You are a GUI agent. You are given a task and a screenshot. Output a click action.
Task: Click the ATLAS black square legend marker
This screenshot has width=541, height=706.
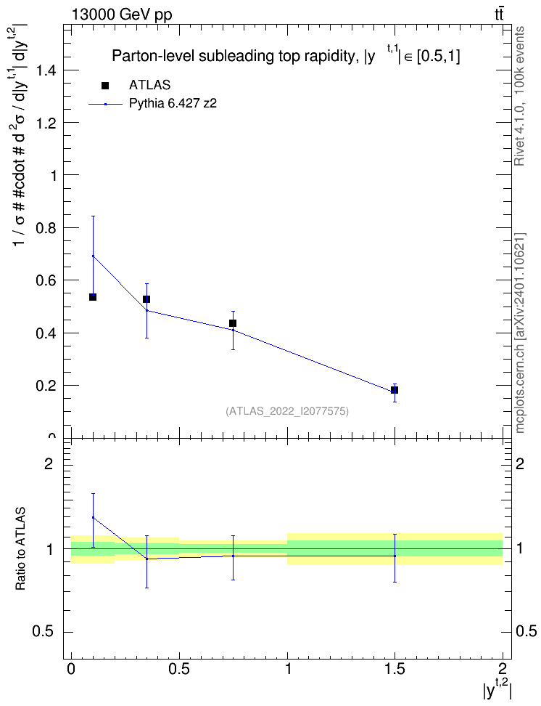point(105,86)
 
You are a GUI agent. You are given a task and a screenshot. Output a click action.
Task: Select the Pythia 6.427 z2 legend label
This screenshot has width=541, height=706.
point(173,104)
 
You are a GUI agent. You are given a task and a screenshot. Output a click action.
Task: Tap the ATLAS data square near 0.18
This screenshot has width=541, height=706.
point(395,390)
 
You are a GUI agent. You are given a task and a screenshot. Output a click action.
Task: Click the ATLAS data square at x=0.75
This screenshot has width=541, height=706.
point(233,323)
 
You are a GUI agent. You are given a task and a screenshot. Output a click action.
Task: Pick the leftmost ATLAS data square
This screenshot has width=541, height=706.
point(93,297)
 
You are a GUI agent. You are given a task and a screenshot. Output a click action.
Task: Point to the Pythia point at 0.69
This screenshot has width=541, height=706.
point(93,256)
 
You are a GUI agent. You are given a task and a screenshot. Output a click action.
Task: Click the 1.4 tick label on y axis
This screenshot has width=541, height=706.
point(46,70)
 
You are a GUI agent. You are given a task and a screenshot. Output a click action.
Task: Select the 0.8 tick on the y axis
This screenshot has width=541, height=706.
point(67,227)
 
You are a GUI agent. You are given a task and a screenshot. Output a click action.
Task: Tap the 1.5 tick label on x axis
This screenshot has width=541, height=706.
point(395,669)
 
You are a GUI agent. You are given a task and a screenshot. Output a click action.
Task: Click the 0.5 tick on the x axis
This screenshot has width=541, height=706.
point(179,657)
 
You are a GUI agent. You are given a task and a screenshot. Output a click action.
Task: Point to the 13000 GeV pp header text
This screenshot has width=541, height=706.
point(121,15)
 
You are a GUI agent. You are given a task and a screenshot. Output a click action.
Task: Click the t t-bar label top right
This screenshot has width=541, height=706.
point(499,15)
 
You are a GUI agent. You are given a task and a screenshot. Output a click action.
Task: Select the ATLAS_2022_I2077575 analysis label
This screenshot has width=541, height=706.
point(287,411)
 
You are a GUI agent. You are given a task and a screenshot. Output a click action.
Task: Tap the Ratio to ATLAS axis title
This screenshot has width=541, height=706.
point(20,549)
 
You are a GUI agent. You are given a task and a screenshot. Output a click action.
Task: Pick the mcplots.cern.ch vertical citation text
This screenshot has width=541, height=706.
point(519,333)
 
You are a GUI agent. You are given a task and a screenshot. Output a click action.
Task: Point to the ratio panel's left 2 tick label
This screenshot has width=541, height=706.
point(48,463)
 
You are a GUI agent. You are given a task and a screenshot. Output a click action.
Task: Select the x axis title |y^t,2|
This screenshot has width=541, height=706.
point(497,689)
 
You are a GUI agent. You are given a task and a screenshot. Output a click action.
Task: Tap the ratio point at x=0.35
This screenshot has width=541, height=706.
point(146,559)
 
